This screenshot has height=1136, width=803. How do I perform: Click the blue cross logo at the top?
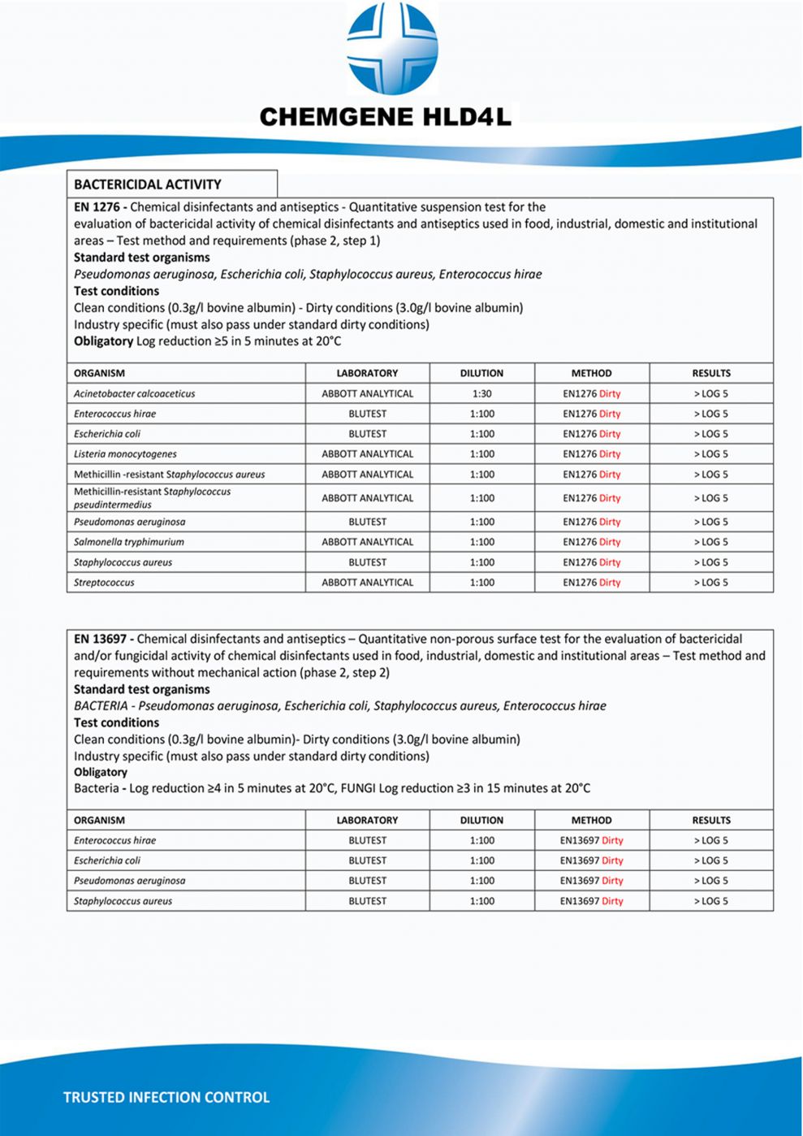coord(392,49)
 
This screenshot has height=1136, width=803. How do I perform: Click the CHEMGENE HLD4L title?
coord(386,117)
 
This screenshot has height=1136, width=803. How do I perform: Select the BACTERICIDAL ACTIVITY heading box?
coord(171,184)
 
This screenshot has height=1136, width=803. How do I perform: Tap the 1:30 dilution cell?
coord(481,394)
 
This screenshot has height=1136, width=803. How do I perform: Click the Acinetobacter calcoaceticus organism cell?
coord(135,394)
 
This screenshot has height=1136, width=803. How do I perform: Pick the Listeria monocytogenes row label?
coord(125,454)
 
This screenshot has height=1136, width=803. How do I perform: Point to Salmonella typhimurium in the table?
coord(129,542)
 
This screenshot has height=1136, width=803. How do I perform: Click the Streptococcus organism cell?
coord(104,583)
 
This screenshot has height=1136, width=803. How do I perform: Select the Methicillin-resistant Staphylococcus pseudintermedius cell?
coord(152,498)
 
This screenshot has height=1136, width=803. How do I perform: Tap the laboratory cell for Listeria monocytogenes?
coord(367,454)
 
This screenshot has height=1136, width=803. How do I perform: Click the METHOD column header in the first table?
coord(591,374)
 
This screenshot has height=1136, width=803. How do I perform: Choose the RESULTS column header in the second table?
coord(711,821)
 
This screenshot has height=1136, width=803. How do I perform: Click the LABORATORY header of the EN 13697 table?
coord(367,821)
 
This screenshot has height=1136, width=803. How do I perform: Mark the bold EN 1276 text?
coord(99,207)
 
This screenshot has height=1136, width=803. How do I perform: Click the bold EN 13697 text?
coord(103,640)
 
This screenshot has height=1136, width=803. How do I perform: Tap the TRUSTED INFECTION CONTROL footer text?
coord(166,1098)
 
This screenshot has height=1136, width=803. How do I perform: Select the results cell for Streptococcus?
coord(711,583)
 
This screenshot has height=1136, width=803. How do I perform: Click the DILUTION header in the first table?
coord(481,374)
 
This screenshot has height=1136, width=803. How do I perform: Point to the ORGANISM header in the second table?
coord(99,821)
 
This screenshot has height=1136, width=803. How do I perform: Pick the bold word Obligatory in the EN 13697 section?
coord(101,772)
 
